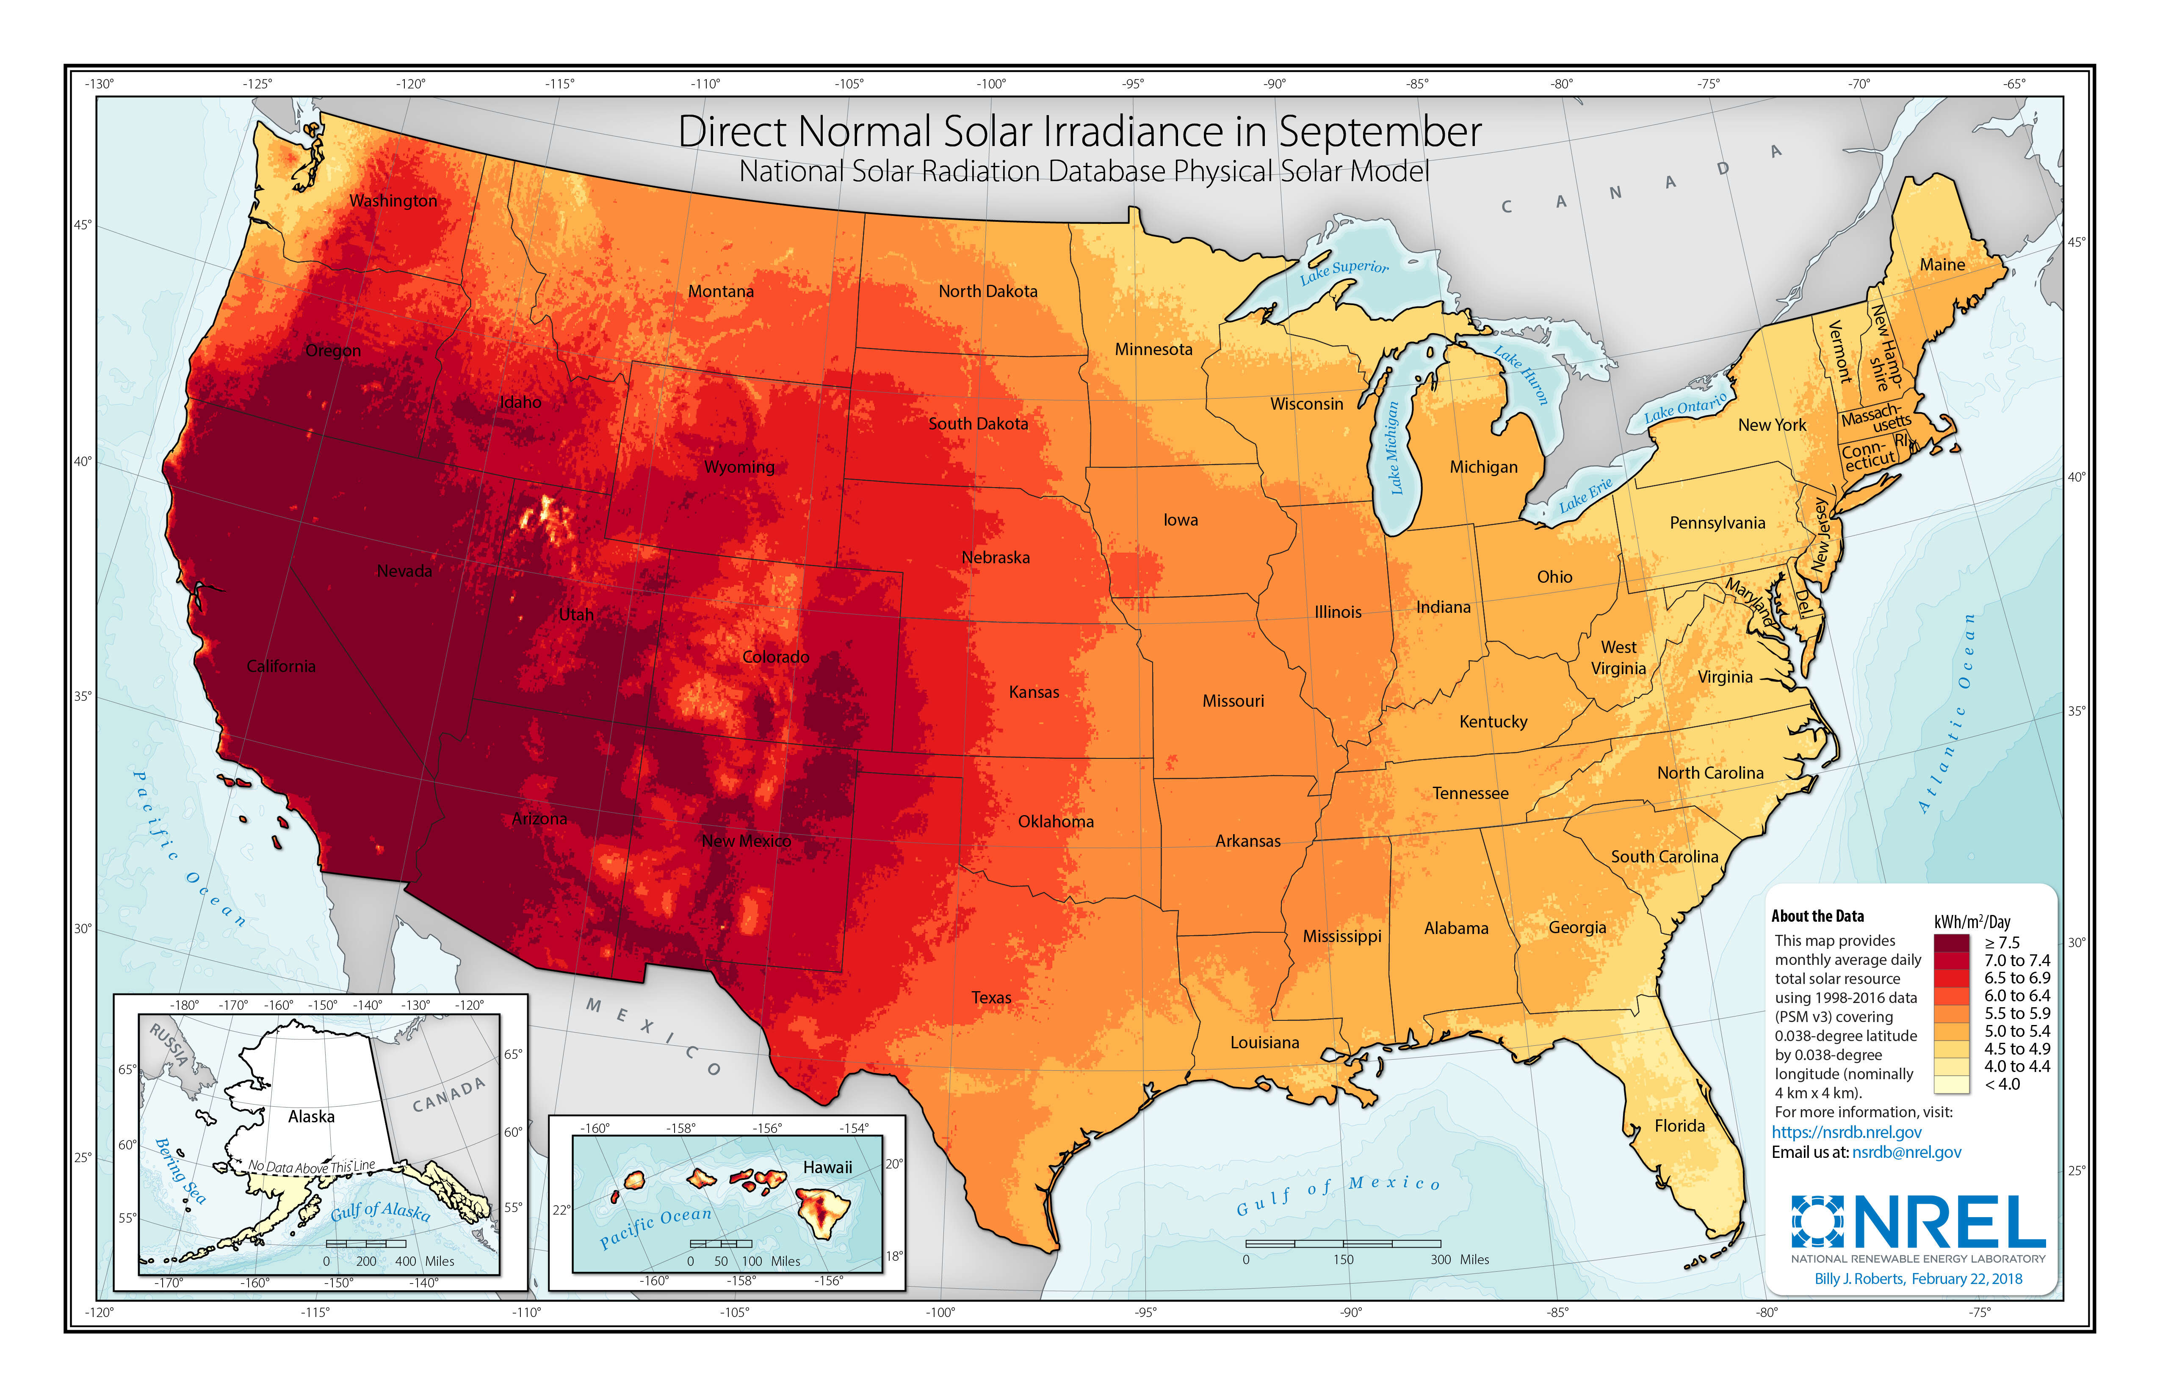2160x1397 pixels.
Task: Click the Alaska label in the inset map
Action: point(311,1117)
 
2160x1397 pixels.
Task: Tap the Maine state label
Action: point(1942,265)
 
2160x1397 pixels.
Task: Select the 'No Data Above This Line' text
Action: point(311,1167)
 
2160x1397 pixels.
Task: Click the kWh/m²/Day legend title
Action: point(1972,922)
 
